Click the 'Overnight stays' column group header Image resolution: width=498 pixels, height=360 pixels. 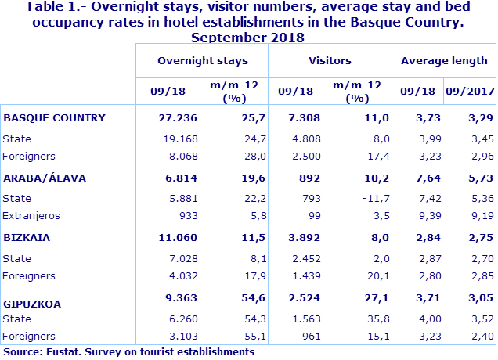pyautogui.click(x=202, y=60)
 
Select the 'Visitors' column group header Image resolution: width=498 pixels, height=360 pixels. pyautogui.click(x=330, y=60)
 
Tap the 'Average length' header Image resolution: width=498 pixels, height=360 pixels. pyautogui.click(x=444, y=60)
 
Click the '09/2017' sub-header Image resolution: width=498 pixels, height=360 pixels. pyautogui.click(x=470, y=92)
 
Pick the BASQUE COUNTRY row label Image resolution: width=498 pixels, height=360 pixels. pyautogui.click(x=54, y=117)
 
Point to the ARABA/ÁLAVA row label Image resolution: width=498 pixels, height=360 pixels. pyautogui.click(x=45, y=177)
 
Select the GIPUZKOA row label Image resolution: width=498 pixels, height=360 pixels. pyautogui.click(x=33, y=303)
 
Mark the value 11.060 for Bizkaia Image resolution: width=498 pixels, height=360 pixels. pyautogui.click(x=178, y=236)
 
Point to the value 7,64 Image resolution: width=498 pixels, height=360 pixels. pyautogui.click(x=422, y=177)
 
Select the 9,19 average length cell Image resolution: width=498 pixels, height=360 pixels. pyautogui.click(x=482, y=215)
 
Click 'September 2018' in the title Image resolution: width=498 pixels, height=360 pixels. pyautogui.click(x=247, y=37)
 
